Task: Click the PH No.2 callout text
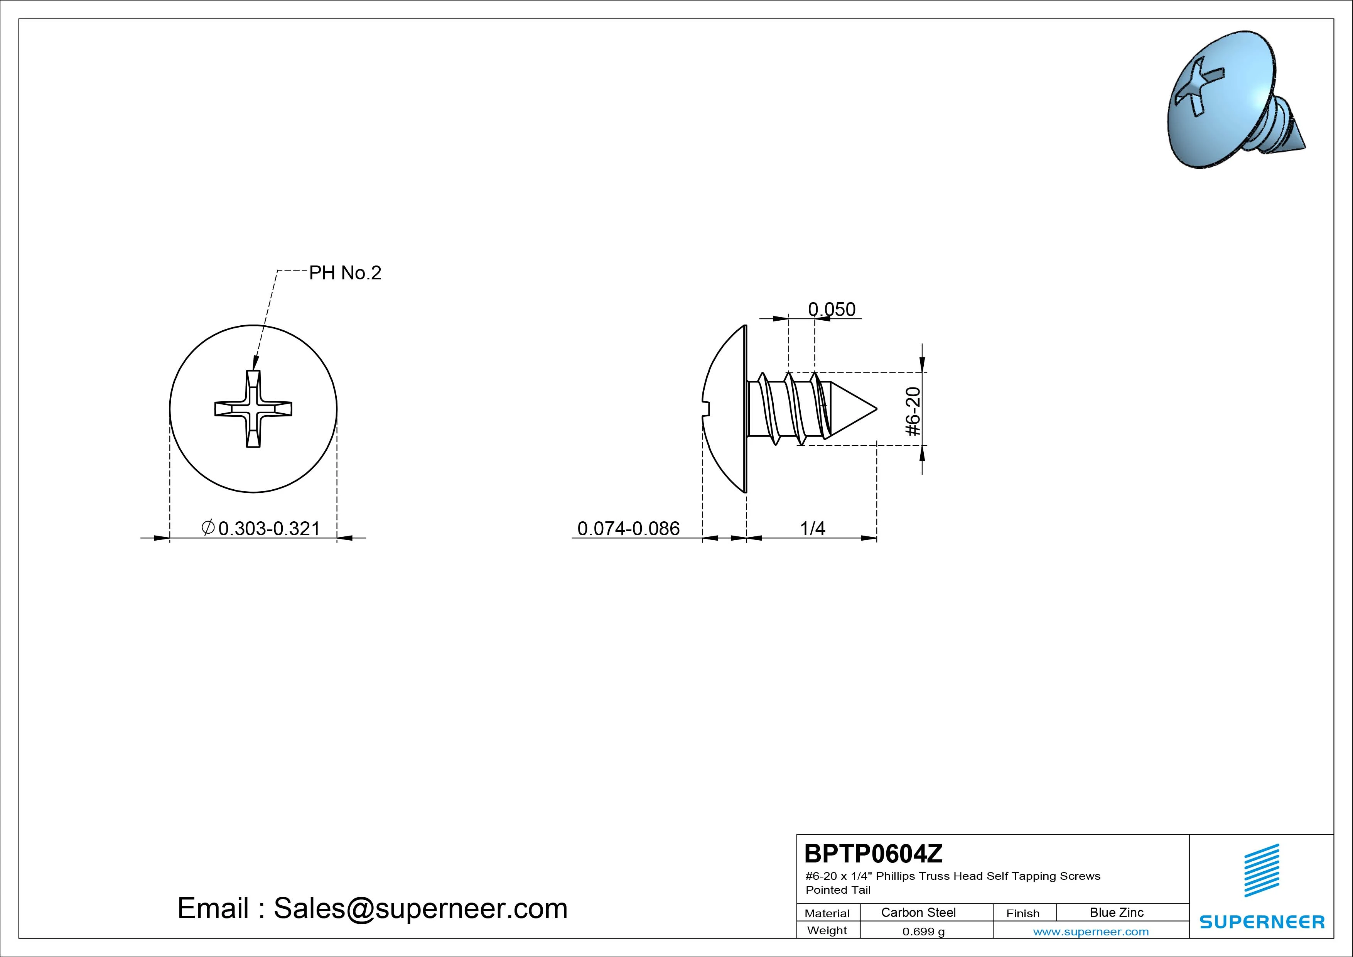click(x=345, y=272)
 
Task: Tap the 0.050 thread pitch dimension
click(x=832, y=309)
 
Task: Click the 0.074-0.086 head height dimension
click(x=628, y=528)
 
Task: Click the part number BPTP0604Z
click(x=873, y=853)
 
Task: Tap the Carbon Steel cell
click(x=918, y=912)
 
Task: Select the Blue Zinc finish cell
click(x=1117, y=912)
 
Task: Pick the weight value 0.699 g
click(x=923, y=932)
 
